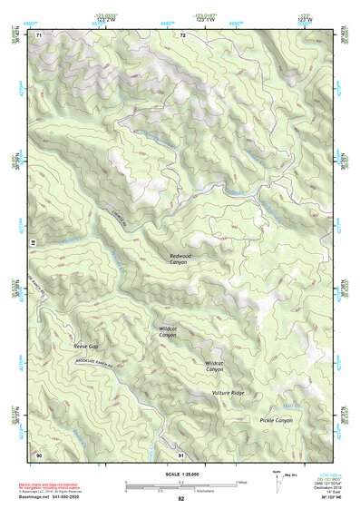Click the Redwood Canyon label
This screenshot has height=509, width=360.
[x=178, y=259]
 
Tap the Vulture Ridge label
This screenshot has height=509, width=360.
[x=228, y=392]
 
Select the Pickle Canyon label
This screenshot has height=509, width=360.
[x=276, y=420]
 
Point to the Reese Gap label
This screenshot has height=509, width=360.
[x=86, y=346]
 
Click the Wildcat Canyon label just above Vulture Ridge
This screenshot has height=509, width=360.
[x=214, y=366]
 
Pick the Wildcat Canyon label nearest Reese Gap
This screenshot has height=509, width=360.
[x=168, y=332]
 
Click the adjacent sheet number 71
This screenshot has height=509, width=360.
[x=40, y=35]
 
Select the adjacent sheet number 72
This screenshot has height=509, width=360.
[x=182, y=35]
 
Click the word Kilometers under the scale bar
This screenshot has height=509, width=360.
[x=221, y=491]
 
